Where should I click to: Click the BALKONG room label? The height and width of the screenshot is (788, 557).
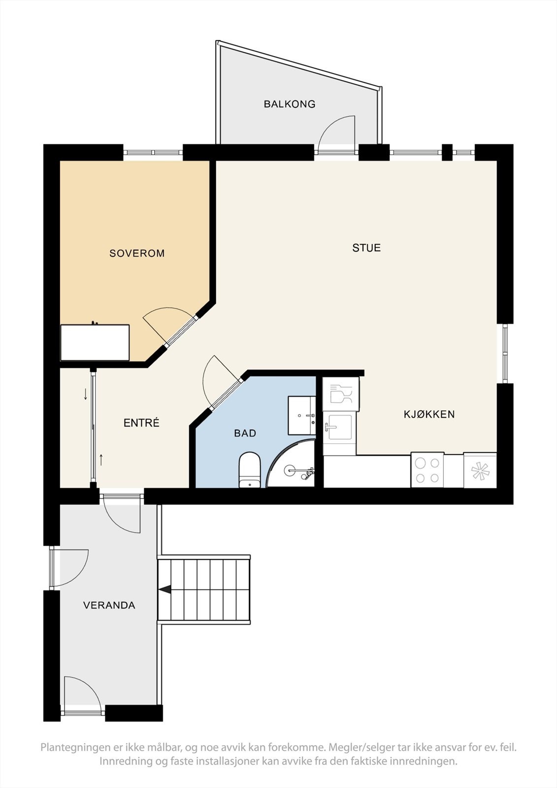coord(289,104)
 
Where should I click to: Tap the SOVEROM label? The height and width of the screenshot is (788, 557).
coord(137,253)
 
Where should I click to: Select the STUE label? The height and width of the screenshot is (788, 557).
coord(366,248)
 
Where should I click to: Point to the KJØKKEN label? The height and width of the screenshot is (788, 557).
coord(429,414)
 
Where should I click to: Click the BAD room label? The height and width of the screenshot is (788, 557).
coord(245,433)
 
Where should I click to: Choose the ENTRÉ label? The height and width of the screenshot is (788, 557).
coord(141,423)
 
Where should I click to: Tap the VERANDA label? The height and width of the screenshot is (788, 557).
coord(109,605)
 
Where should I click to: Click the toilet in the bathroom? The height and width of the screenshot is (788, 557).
coord(250,469)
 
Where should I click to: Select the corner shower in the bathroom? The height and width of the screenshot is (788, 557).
coord(294,465)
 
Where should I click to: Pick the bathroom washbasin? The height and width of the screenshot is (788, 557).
coord(301,415)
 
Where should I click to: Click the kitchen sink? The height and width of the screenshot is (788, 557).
coord(339,427)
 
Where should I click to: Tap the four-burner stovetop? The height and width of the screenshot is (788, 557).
coord(427,470)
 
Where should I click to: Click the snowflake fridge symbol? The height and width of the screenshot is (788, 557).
coord(480,471)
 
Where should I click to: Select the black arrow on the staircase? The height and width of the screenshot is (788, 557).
coord(165,589)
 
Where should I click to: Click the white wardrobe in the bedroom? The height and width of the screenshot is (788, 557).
coord(95,342)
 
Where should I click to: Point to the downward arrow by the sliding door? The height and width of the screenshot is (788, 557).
coord(85,394)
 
